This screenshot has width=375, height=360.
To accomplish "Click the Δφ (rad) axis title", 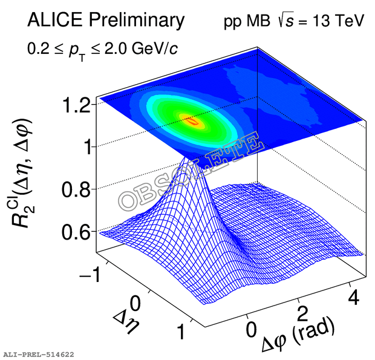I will click(298, 336).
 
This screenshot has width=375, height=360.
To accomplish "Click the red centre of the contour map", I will click(194, 122).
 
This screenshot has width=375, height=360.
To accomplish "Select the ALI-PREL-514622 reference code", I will click(38, 353).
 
